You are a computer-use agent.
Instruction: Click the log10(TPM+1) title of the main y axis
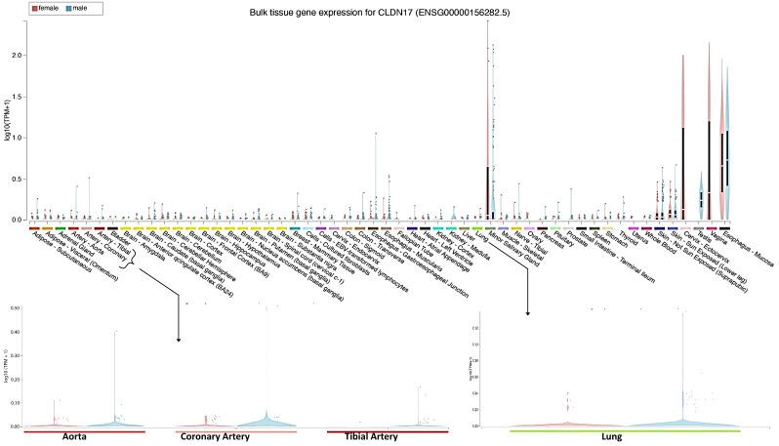tap(7, 127)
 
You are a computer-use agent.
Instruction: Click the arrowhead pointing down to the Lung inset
tap(528, 312)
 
